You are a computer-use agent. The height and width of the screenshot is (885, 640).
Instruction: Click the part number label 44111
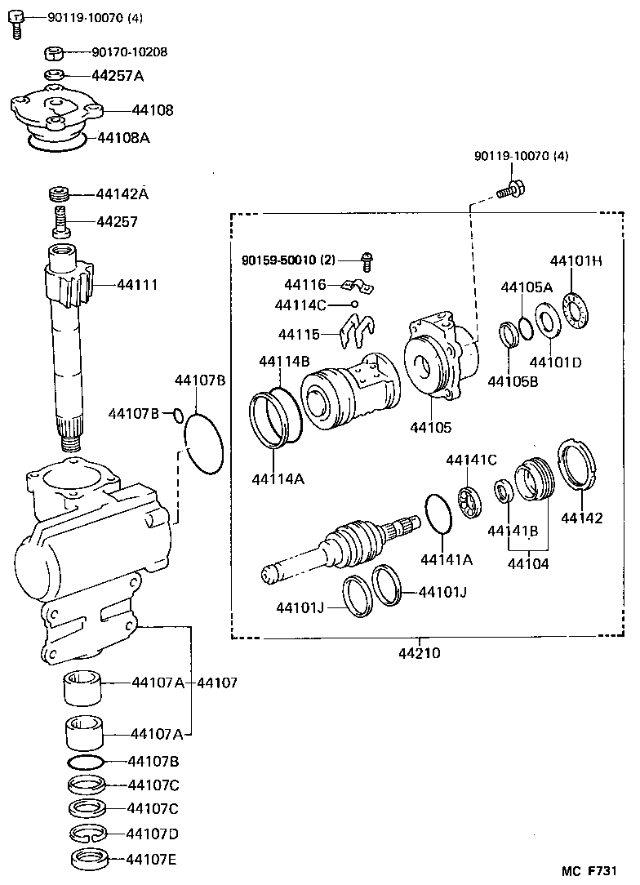pyautogui.click(x=137, y=285)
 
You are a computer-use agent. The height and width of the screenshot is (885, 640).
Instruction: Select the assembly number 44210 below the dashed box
pyautogui.click(x=419, y=653)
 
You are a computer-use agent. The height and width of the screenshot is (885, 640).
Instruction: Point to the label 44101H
pyautogui.click(x=576, y=261)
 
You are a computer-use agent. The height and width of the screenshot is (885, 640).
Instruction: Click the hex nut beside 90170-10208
pyautogui.click(x=54, y=54)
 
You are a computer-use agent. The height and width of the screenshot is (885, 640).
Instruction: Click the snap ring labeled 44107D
pyautogui.click(x=86, y=834)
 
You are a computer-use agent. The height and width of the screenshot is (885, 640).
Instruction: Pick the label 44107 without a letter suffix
pyautogui.click(x=217, y=682)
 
